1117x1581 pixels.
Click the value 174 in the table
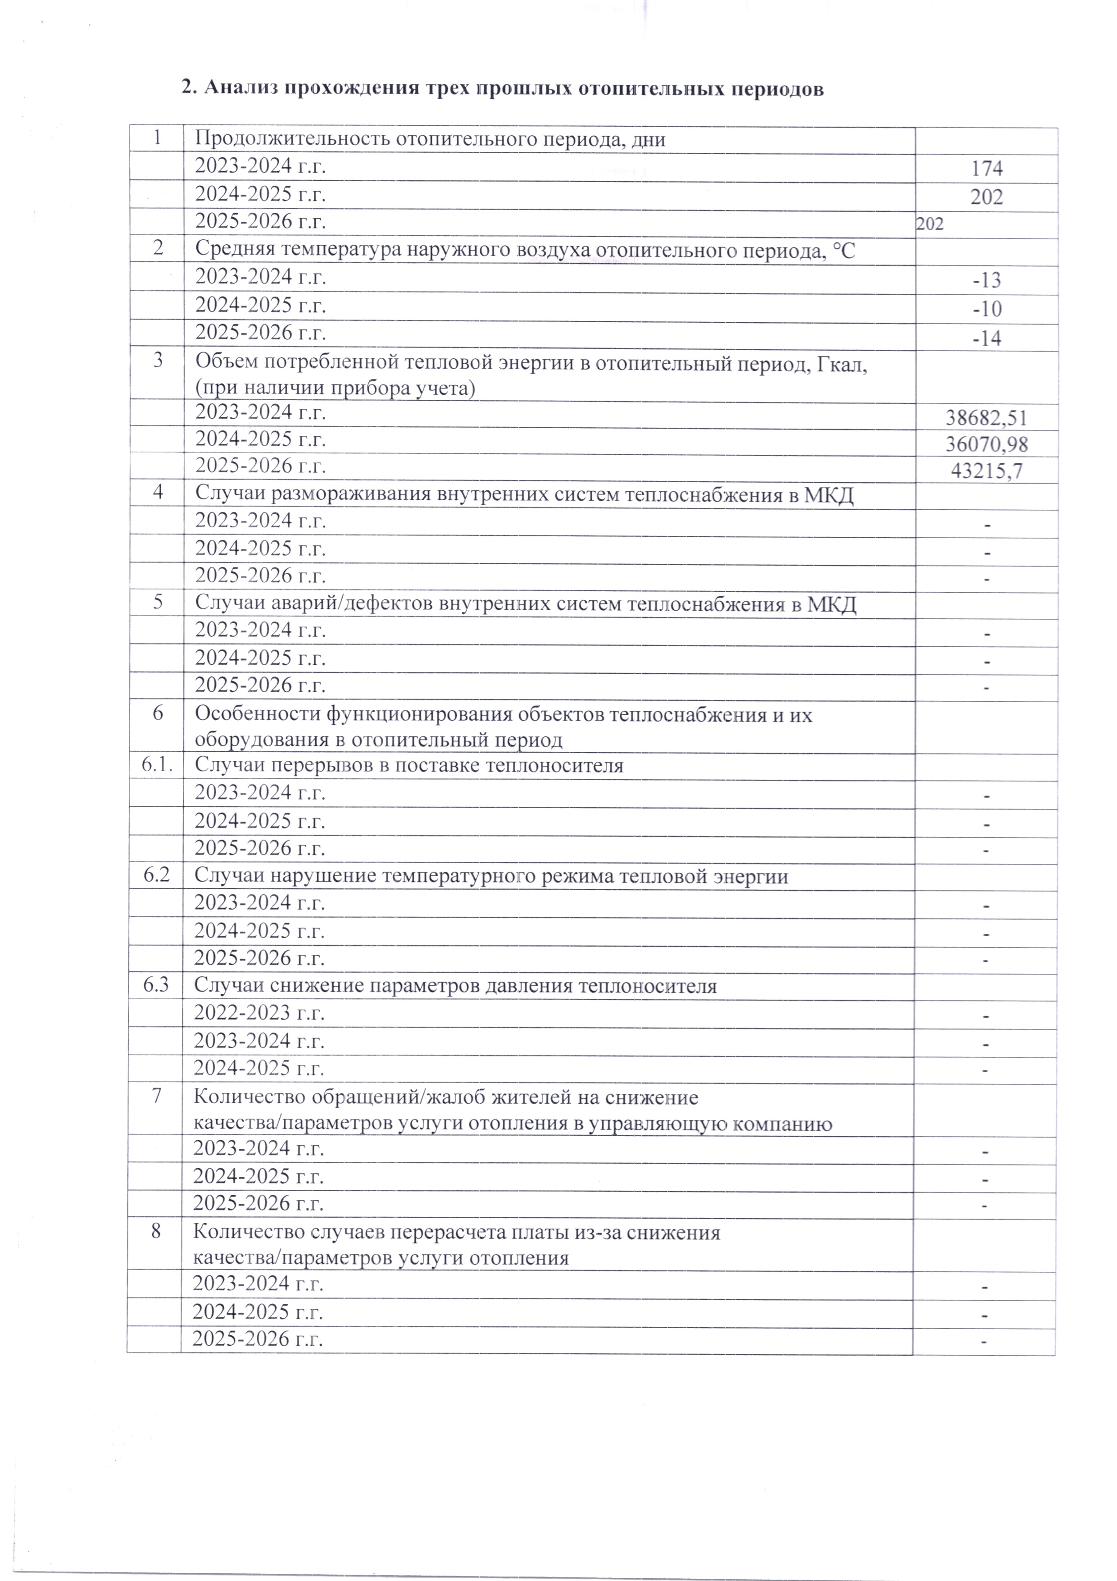(x=986, y=169)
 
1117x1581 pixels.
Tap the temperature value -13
(x=986, y=280)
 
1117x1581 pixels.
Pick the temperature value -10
(x=986, y=309)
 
